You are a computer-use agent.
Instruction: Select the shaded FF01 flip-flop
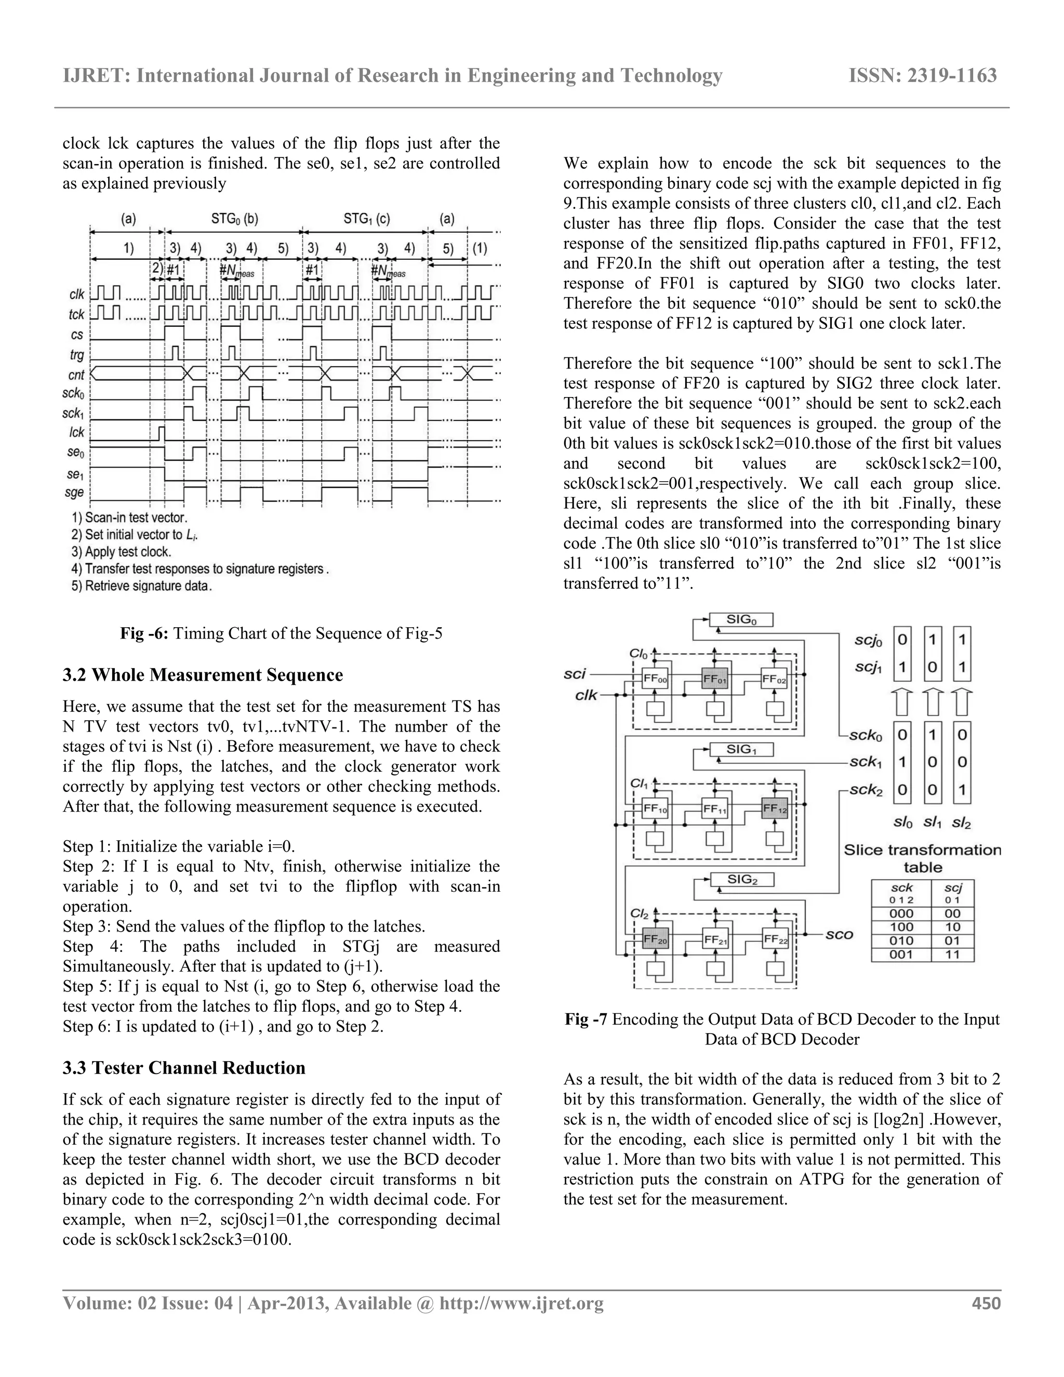pos(714,680)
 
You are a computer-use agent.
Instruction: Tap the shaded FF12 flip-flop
pos(775,809)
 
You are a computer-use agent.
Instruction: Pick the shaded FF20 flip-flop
pos(654,940)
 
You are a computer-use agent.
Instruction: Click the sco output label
pos(839,934)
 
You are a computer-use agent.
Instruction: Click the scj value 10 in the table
pos(952,928)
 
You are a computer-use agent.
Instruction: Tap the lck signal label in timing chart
pos(76,432)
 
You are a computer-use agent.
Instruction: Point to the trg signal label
pos(76,355)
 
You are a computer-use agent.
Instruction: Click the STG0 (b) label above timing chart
pos(234,219)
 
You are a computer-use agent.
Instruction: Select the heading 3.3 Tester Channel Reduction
pos(184,1067)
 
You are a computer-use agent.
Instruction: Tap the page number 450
pos(986,1303)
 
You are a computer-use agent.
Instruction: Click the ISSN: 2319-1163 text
pos(923,76)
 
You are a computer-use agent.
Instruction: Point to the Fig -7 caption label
pos(586,1019)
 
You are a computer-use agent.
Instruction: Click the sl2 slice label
pos(961,823)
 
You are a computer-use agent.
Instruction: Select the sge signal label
pos(74,493)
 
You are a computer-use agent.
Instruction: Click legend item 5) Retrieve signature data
pos(142,586)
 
